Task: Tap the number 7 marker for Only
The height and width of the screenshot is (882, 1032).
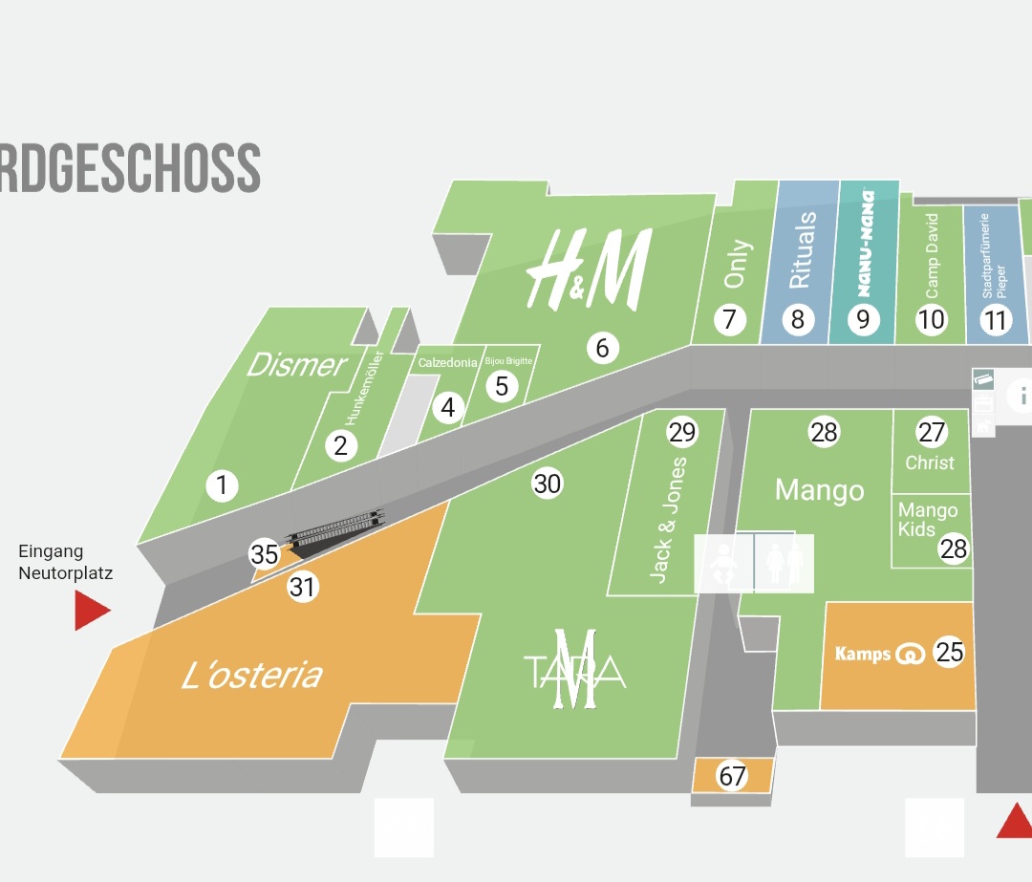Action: pos(730,318)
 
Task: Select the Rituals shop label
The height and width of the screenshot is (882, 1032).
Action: pos(802,250)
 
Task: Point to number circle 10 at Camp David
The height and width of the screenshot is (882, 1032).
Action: pos(931,318)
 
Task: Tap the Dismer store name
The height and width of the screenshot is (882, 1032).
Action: pos(296,364)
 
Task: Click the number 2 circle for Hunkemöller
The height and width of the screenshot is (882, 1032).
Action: pos(340,445)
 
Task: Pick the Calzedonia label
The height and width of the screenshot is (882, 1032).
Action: pos(447,363)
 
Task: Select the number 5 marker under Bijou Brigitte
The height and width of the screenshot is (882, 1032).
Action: pos(501,386)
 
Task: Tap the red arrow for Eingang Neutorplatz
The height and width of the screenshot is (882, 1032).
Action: pos(92,611)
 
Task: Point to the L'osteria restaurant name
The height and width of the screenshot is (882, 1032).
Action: pos(252,676)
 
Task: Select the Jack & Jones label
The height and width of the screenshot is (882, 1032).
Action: pos(668,520)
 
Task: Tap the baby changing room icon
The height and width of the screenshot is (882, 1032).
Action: pos(723,563)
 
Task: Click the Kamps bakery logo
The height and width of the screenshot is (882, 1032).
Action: pos(878,654)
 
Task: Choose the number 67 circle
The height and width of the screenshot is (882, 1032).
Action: pos(732,776)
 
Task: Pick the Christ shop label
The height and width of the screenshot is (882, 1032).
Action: pos(930,463)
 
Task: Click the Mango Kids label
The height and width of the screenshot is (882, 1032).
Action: pos(925,520)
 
